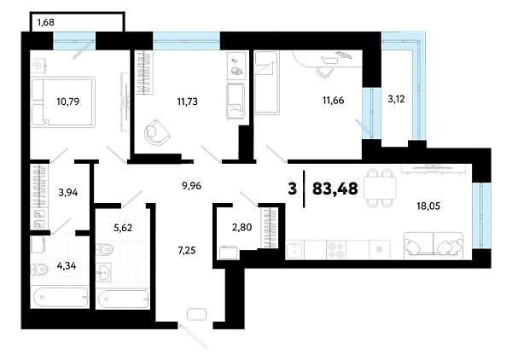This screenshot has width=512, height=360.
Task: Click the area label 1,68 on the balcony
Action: click(x=46, y=22)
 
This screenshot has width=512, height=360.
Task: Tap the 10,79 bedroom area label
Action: click(x=68, y=102)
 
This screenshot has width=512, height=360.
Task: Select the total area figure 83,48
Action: click(x=335, y=189)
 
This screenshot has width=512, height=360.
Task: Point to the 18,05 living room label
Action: click(x=428, y=206)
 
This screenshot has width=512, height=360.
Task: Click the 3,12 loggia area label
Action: click(x=396, y=99)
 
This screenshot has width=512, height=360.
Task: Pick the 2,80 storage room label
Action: click(x=242, y=227)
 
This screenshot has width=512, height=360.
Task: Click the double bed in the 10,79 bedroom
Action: click(x=63, y=102)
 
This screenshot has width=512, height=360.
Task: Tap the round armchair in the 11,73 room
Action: click(x=157, y=132)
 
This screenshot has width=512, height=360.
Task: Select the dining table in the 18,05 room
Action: click(x=380, y=188)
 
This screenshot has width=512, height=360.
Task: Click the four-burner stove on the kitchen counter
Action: click(x=336, y=250)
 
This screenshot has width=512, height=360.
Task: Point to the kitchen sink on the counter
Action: click(x=295, y=250)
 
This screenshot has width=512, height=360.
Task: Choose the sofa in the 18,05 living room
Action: click(x=433, y=246)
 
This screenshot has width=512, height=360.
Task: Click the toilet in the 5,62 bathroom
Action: click(x=104, y=250)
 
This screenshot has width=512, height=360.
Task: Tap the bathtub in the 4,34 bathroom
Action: click(x=61, y=297)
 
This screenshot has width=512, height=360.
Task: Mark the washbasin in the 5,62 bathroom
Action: click(x=104, y=272)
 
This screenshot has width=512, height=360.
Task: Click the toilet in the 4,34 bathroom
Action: click(x=39, y=270)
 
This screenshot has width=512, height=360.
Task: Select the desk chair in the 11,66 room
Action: click(x=324, y=72)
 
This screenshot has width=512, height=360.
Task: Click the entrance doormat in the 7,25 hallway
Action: click(x=196, y=314)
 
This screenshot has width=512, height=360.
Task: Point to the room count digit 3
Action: click(x=293, y=189)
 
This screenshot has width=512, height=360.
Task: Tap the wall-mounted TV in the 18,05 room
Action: click(x=433, y=168)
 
